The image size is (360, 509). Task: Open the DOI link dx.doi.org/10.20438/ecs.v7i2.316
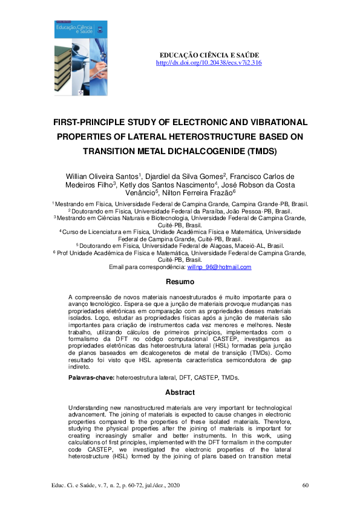pyautogui.click(x=209, y=63)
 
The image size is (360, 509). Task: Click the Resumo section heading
pyautogui.click(x=180, y=282)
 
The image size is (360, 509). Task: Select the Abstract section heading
pyautogui.click(x=180, y=392)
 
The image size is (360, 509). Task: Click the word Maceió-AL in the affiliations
pyautogui.click(x=227, y=247)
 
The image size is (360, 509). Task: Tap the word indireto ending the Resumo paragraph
pyautogui.click(x=79, y=367)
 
